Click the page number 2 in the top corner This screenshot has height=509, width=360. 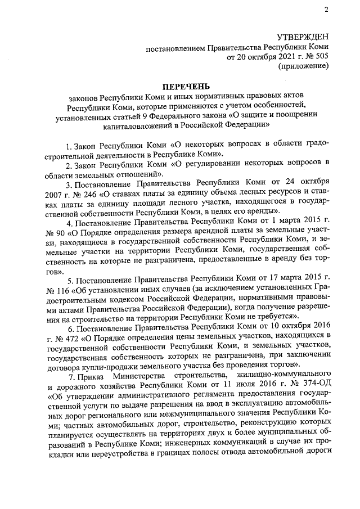326,10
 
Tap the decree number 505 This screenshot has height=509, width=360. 321,57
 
